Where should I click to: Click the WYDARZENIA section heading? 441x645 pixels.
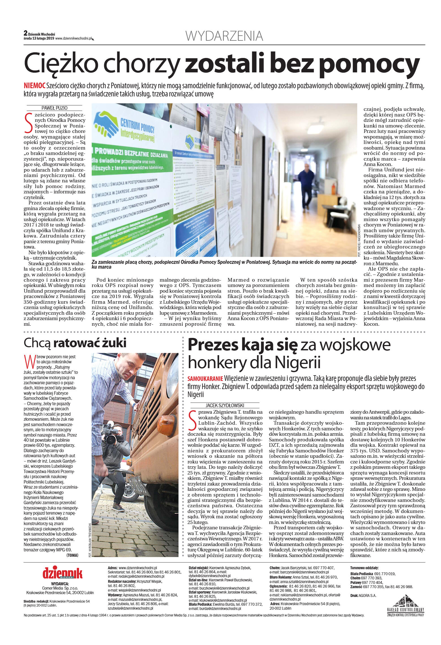(224, 36)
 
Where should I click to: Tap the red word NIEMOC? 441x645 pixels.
(35, 86)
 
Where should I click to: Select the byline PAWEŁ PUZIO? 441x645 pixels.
(54, 108)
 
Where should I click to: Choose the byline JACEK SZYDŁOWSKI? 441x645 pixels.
(225, 405)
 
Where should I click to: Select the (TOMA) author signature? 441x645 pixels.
(72, 555)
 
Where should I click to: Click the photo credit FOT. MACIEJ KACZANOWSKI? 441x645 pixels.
(359, 240)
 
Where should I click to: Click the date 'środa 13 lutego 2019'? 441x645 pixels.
(39, 38)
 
